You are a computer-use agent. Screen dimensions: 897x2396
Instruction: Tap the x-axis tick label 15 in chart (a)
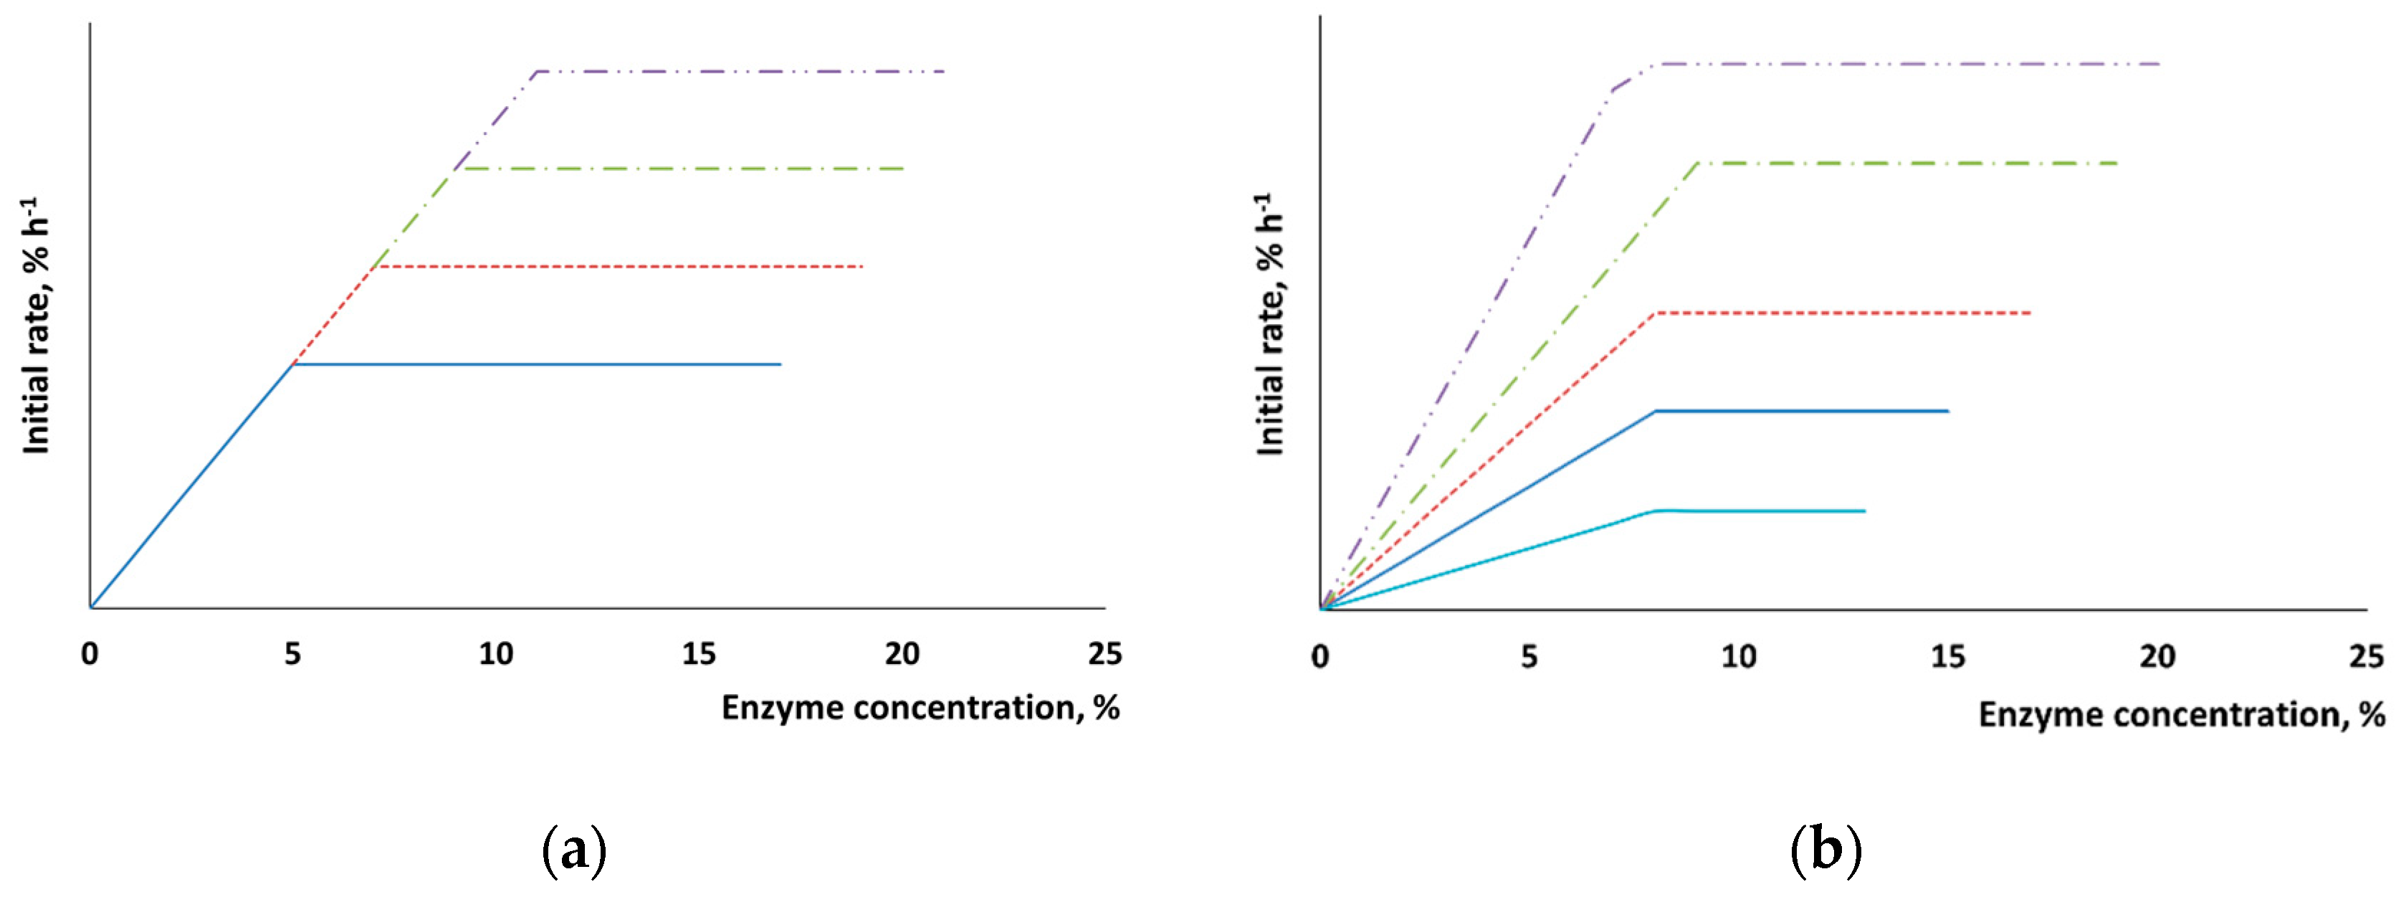coord(699,654)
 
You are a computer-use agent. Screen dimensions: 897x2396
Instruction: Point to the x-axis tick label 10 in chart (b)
coord(1738,658)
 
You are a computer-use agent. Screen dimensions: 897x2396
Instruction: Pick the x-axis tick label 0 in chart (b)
coord(1320,658)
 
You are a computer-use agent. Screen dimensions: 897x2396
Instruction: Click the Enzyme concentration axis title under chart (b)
coord(2181,715)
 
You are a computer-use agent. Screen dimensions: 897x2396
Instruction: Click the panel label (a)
coord(574,850)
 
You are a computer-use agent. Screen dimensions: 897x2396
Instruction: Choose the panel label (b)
coord(1825,850)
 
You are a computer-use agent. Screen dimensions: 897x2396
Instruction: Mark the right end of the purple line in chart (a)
coord(943,72)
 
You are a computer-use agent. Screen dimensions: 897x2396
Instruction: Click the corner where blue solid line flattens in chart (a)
coord(293,365)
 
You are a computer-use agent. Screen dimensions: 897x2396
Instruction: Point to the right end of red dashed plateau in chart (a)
coord(862,267)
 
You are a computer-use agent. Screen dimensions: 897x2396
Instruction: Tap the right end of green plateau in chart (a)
coord(903,169)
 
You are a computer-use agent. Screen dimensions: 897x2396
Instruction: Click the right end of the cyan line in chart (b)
coord(1865,511)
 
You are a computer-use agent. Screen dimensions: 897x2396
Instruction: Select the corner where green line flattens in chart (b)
coord(1699,163)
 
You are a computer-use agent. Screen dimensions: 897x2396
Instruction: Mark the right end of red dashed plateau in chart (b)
coord(2030,313)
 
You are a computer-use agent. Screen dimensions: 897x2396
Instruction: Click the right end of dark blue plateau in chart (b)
coord(1947,410)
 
